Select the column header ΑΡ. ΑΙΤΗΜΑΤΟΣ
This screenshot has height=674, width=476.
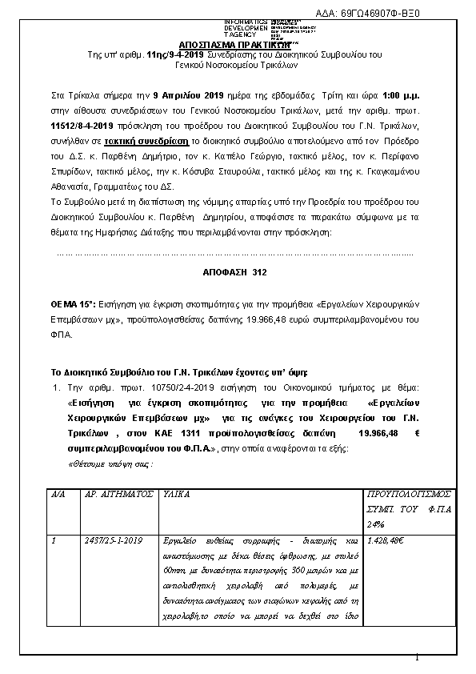tap(118, 495)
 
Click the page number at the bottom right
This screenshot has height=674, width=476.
tap(417, 658)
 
